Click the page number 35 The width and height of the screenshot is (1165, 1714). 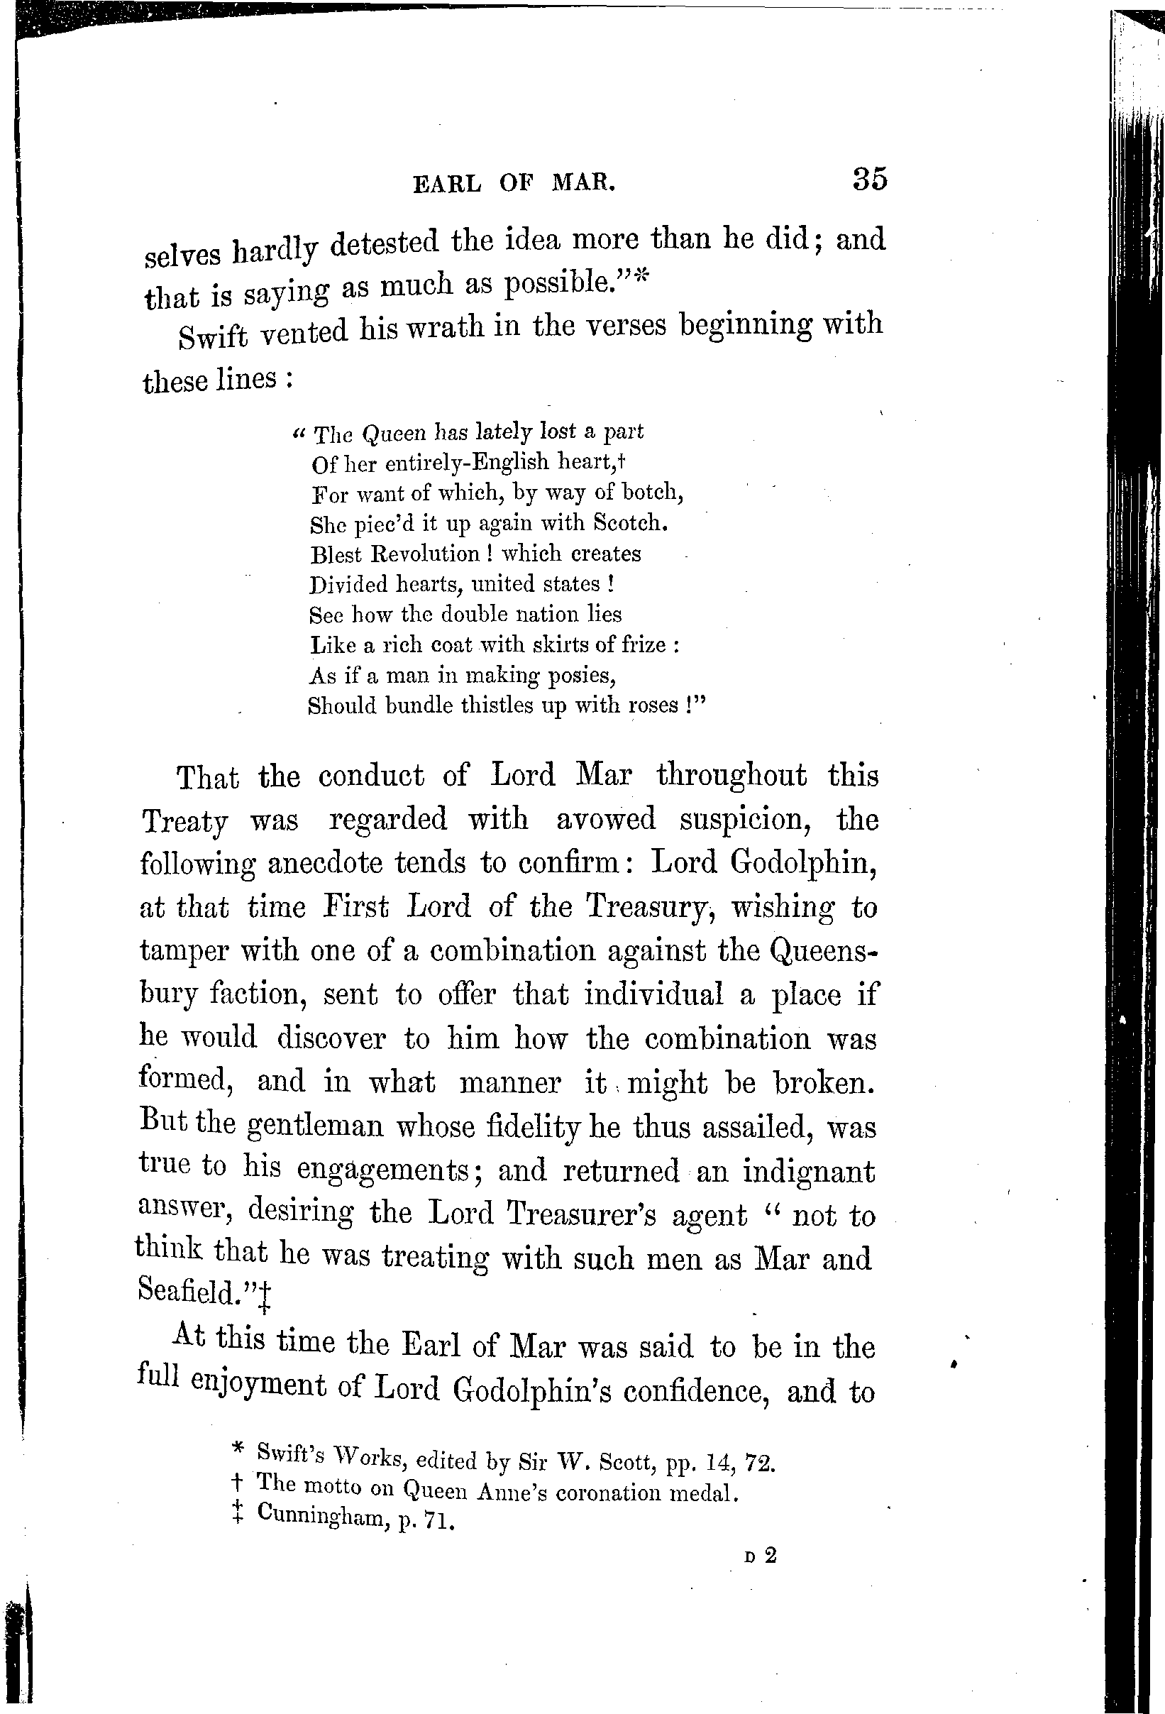click(x=869, y=180)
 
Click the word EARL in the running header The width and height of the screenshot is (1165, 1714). click(x=447, y=184)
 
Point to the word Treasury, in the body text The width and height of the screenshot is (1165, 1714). click(x=651, y=907)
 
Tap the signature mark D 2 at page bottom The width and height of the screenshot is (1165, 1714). click(x=761, y=1556)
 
